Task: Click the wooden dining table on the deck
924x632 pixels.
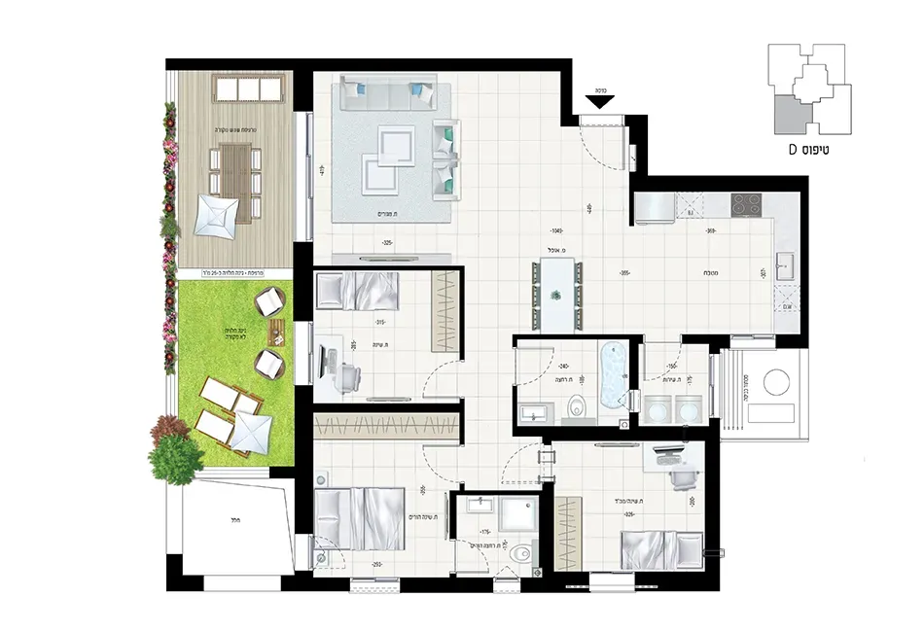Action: point(234,169)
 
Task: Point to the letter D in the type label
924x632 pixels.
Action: point(794,151)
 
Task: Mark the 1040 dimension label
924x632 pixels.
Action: point(557,232)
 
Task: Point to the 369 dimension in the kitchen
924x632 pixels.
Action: point(711,231)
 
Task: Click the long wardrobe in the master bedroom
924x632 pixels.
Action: point(388,425)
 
